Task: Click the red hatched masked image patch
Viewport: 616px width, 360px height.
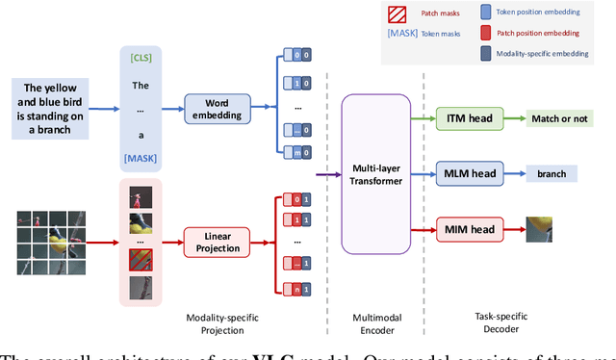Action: tap(141, 260)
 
